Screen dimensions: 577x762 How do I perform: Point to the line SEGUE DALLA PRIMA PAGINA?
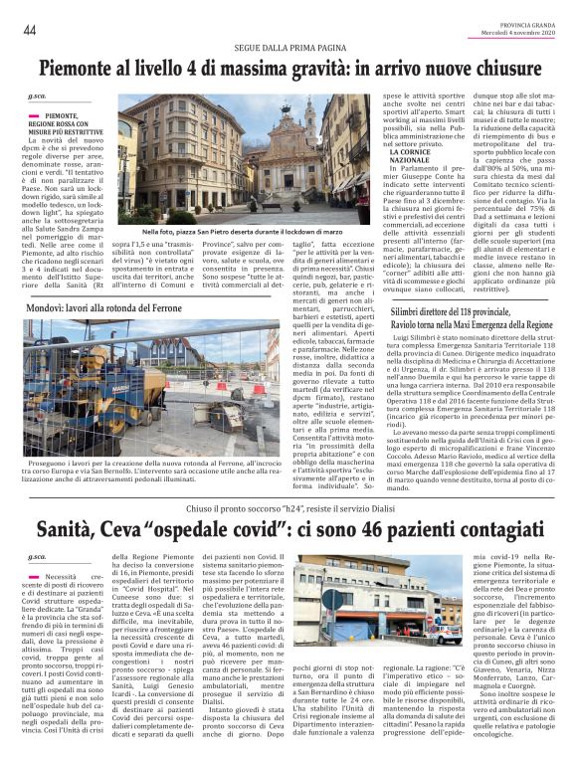point(288,48)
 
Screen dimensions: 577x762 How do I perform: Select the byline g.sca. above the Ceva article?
point(37,558)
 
